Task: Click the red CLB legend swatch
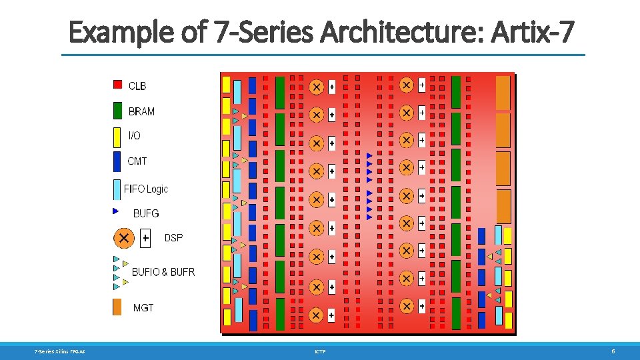[117, 85]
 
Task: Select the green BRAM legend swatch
[117, 110]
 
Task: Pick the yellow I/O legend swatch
[117, 135]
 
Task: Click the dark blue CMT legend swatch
[117, 161]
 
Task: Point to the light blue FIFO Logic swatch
[117, 189]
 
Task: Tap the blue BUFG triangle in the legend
[116, 211]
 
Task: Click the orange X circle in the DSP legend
[123, 238]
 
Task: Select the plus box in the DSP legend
[145, 238]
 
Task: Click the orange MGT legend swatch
[117, 307]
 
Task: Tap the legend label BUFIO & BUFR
[163, 272]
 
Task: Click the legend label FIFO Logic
[146, 189]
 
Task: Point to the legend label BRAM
[141, 111]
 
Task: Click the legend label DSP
[173, 238]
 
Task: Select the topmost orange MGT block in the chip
[503, 92]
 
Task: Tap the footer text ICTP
[320, 351]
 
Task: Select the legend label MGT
[143, 308]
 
